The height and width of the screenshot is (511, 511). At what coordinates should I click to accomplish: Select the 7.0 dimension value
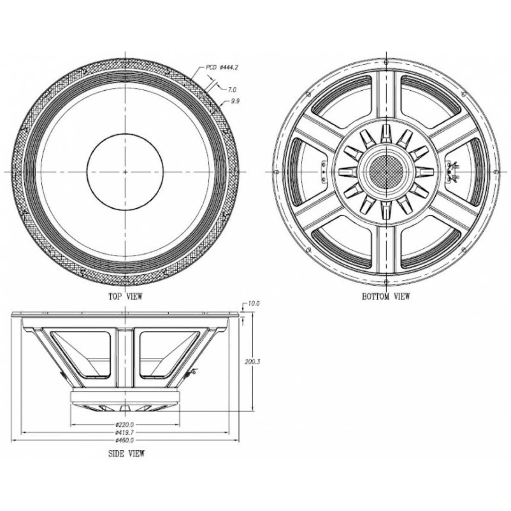pos(232,89)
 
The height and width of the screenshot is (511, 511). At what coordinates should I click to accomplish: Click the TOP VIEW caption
pos(125,296)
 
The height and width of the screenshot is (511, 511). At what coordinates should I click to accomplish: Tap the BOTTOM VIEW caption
pos(386,296)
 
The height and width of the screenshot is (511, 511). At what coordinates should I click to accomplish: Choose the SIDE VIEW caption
pos(126,454)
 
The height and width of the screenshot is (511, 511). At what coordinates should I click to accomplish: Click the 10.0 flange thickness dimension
pos(254,304)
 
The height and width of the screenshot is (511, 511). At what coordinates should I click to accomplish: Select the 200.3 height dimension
pos(253,362)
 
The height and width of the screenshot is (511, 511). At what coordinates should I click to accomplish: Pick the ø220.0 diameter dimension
pos(125,425)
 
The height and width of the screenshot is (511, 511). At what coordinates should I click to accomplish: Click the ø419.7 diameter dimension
pos(125,432)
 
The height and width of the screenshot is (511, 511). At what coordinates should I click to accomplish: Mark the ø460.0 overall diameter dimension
pos(125,440)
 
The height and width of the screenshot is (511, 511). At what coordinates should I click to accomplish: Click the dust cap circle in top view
pos(125,172)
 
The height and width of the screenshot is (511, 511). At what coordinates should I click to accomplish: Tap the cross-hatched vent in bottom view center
pos(385,172)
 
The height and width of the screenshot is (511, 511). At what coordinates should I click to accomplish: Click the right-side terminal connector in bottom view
pos(453,172)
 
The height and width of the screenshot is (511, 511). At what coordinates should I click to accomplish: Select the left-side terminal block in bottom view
pos(323,172)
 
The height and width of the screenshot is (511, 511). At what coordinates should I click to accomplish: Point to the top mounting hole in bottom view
pos(385,62)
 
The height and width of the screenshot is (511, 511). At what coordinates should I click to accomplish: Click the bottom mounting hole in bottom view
pos(385,281)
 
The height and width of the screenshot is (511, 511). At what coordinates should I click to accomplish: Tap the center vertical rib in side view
pos(125,358)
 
